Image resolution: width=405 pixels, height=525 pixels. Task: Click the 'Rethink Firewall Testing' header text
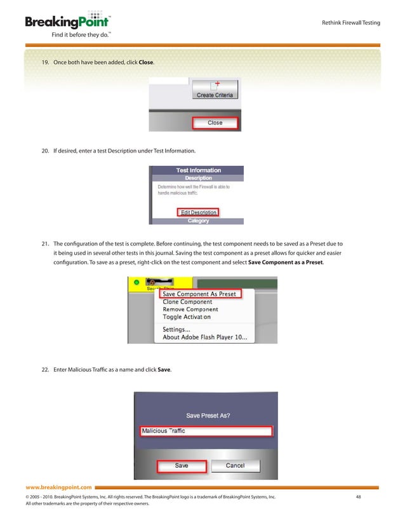click(x=352, y=24)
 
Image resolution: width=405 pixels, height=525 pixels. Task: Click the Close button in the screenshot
click(x=215, y=123)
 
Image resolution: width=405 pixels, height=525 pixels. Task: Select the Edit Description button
click(x=199, y=212)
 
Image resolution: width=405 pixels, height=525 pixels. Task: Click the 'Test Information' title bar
click(x=198, y=170)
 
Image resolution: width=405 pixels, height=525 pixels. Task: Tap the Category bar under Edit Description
click(x=198, y=221)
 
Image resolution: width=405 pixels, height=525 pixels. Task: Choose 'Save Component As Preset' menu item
click(x=199, y=294)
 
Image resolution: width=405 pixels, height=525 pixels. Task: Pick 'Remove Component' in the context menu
click(x=196, y=310)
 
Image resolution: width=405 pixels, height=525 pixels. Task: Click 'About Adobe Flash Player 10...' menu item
click(x=205, y=337)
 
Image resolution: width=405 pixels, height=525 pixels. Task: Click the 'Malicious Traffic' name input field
click(x=205, y=431)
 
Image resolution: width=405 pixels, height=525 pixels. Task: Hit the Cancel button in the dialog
click(x=235, y=466)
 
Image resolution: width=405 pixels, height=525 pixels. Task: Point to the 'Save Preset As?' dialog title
click(x=208, y=415)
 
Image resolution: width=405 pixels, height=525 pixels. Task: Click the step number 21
click(x=45, y=243)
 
